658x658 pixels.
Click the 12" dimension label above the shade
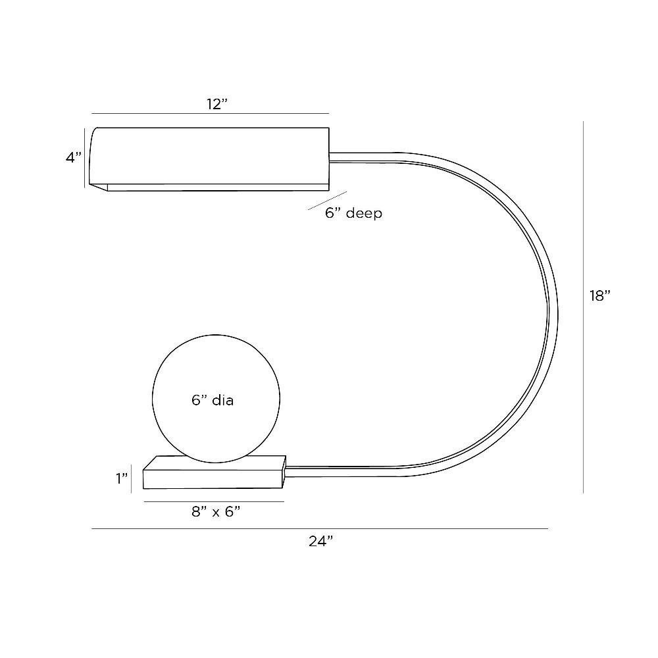tap(216, 104)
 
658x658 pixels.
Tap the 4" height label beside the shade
tap(74, 157)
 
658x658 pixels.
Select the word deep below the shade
tap(364, 213)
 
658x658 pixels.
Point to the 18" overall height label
tap(599, 296)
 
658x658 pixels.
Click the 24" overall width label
tap(320, 542)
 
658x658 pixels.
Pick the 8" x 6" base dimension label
tap(216, 511)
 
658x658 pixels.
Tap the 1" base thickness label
tap(122, 478)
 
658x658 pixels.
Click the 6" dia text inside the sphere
tap(213, 400)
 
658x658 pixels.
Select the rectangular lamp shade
tap(209, 159)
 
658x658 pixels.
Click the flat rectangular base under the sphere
tap(215, 472)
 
